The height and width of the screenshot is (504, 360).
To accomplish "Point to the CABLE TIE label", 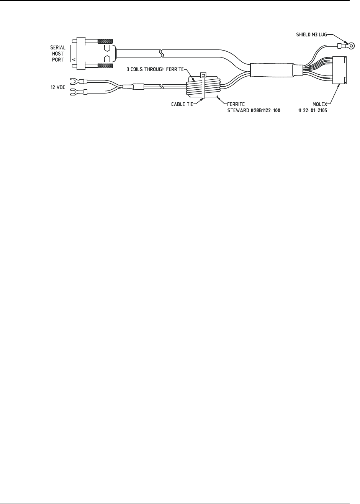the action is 180,103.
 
